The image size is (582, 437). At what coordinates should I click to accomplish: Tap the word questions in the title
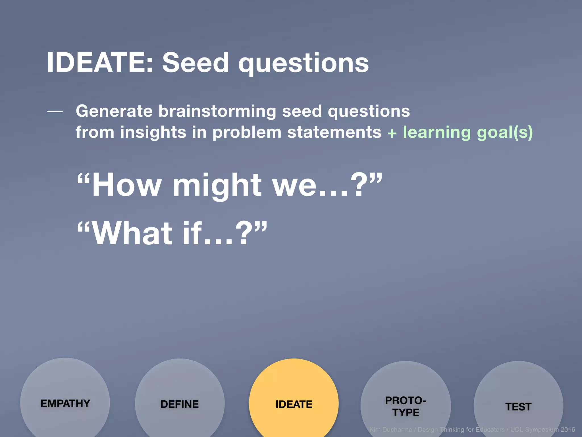pyautogui.click(x=303, y=64)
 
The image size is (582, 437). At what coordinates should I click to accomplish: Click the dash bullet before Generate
pyautogui.click(x=55, y=112)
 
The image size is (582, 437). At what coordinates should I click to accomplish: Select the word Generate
pyautogui.click(x=114, y=111)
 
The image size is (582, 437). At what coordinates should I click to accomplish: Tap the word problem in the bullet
pyautogui.click(x=247, y=132)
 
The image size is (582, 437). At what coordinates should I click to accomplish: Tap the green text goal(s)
pyautogui.click(x=505, y=133)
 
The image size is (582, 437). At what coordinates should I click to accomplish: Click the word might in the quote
pyautogui.click(x=217, y=185)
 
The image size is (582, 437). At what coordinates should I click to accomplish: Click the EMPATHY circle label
pyautogui.click(x=65, y=403)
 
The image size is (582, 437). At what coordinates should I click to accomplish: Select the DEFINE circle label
pyautogui.click(x=179, y=404)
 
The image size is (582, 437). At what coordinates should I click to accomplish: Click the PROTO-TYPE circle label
pyautogui.click(x=406, y=407)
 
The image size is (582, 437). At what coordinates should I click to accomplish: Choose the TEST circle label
pyautogui.click(x=518, y=407)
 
